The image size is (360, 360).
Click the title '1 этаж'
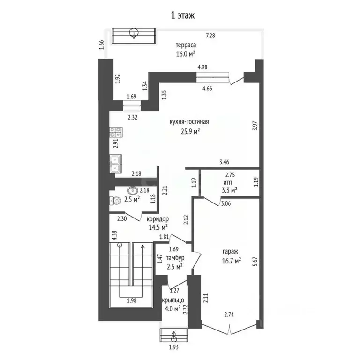(182, 15)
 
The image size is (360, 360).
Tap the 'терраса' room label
(186, 45)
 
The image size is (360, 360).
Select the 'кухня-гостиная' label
(189, 122)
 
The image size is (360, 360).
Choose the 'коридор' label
(157, 219)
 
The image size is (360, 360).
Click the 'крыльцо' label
(172, 300)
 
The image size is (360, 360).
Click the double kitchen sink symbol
(116, 163)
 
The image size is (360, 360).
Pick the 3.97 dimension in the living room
(255, 127)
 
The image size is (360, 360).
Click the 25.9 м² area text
(190, 131)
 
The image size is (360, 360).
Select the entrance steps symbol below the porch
(174, 336)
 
